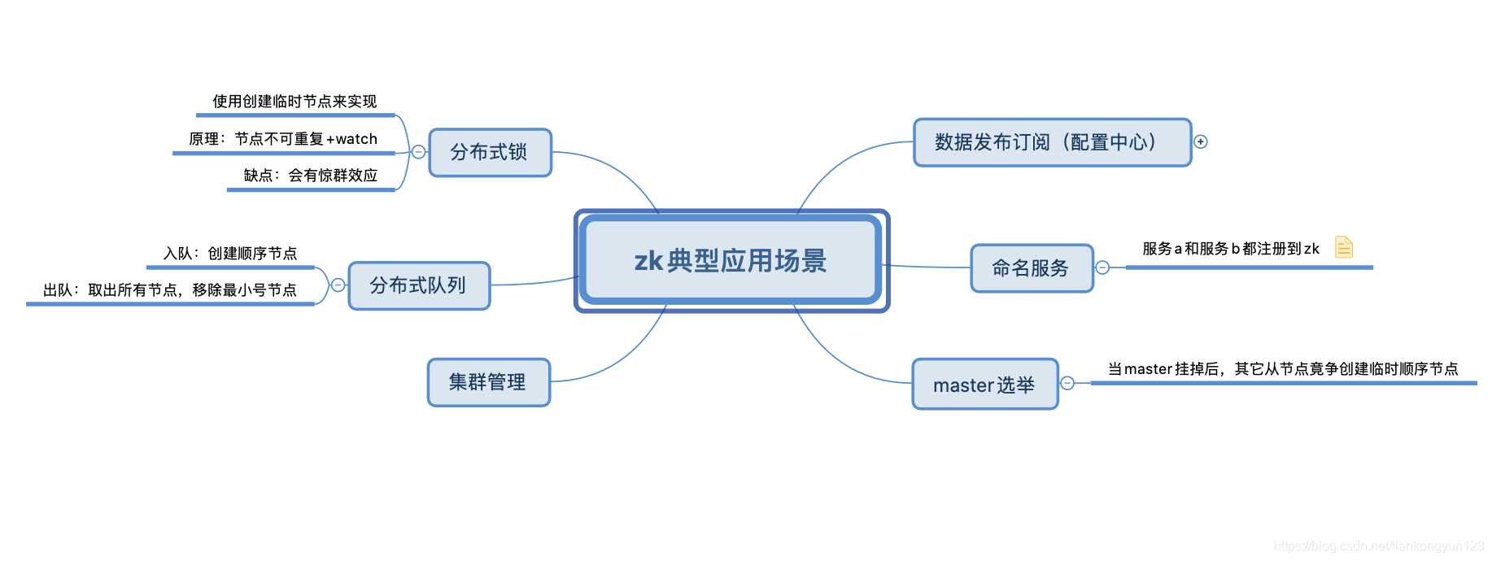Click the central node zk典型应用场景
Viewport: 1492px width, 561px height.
pos(731,261)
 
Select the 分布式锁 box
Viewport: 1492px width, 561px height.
pos(490,153)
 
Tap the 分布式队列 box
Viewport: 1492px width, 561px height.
pos(419,285)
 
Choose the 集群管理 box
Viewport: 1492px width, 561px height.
pos(488,382)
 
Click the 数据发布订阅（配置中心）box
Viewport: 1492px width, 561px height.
pos(1051,142)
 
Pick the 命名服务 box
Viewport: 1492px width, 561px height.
pos(1031,268)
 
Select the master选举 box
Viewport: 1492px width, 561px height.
pos(984,385)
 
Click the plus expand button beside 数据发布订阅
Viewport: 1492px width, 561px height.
pos(1201,141)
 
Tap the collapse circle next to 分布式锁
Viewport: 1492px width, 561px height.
pos(418,152)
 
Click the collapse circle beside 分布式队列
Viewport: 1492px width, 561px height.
pos(338,285)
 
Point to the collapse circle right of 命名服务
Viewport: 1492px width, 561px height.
pos(1102,267)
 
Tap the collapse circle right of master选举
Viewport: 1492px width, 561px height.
pos(1067,383)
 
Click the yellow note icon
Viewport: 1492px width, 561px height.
pos(1344,246)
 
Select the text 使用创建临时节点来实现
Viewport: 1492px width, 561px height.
pos(294,102)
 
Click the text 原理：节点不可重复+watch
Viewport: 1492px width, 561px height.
pos(283,139)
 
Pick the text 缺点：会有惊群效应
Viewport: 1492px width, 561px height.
pos(311,176)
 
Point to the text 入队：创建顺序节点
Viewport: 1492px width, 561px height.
pos(230,254)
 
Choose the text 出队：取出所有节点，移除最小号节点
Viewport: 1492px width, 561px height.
pos(170,290)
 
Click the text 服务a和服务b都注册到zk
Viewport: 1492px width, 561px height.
pos(1230,249)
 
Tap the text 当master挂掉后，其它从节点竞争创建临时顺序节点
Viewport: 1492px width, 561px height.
pos(1283,369)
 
